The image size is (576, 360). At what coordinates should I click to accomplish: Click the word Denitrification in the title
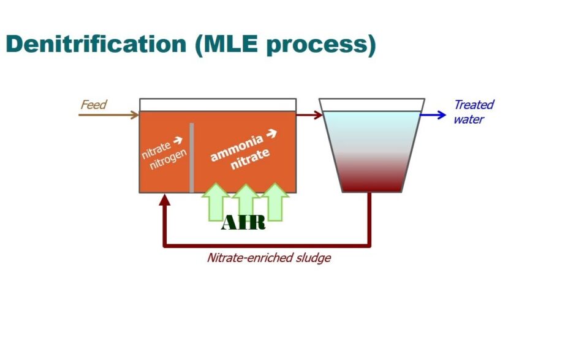pyautogui.click(x=96, y=45)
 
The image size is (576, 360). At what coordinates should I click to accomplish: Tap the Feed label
pyautogui.click(x=93, y=105)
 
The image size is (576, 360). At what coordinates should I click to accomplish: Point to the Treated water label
pyautogui.click(x=472, y=111)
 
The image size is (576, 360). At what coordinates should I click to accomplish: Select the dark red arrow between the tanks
pyautogui.click(x=309, y=114)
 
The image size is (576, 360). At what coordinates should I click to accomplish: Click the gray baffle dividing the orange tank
pyautogui.click(x=192, y=157)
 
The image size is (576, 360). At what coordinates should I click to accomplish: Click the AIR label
pyautogui.click(x=243, y=223)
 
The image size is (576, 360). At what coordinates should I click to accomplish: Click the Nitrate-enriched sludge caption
pyautogui.click(x=268, y=258)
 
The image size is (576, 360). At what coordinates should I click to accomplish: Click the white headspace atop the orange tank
pyautogui.click(x=218, y=105)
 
